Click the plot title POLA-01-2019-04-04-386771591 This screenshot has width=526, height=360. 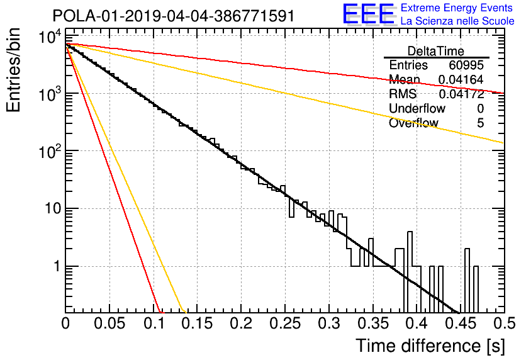[174, 16]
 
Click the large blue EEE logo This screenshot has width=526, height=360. [368, 14]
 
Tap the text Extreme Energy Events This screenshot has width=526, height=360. [457, 8]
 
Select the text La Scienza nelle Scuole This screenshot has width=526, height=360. [457, 21]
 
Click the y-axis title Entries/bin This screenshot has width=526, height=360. [13, 70]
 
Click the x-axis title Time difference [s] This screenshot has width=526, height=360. [430, 346]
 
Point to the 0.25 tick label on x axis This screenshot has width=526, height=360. [285, 323]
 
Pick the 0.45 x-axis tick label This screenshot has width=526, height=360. [461, 323]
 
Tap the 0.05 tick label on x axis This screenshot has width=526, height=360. [109, 323]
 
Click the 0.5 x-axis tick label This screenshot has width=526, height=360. [504, 323]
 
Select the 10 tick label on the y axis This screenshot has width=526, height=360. [53, 209]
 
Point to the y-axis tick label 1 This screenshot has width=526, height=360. [57, 267]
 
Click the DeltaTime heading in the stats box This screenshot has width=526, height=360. [436, 51]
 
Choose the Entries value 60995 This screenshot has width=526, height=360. [466, 65]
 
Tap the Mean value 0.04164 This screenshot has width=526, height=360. [461, 79]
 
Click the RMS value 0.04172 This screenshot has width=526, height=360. [461, 94]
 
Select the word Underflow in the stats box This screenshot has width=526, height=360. [417, 108]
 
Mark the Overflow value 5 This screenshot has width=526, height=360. [480, 123]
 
